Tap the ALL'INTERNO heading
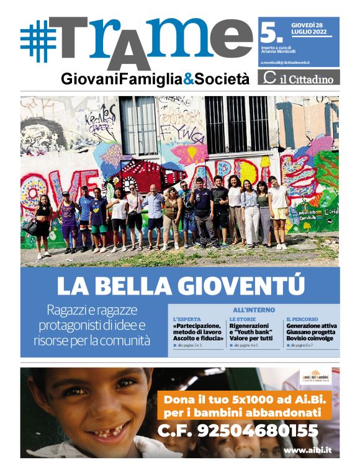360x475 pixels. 254,309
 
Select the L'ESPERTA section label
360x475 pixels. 187,319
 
